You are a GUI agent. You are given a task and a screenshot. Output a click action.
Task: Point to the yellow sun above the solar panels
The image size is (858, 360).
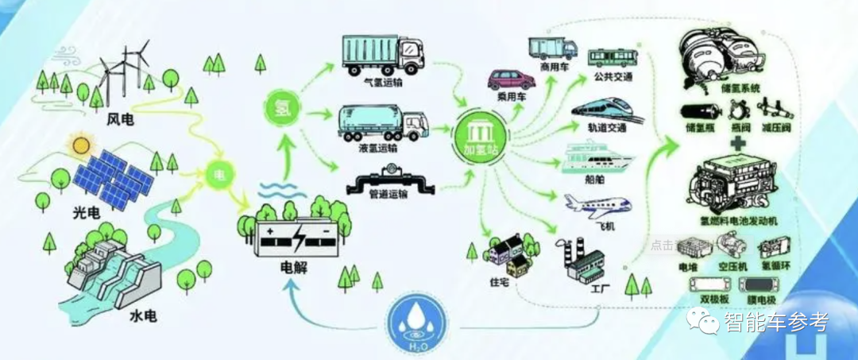pyautogui.click(x=80, y=145)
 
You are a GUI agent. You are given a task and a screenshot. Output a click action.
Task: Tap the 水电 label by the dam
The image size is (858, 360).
pyautogui.click(x=143, y=316)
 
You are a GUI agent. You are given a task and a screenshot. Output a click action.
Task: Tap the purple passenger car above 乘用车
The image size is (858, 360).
pyautogui.click(x=511, y=79)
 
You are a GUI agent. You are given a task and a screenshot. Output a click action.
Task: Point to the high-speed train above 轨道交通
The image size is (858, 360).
pyautogui.click(x=607, y=110)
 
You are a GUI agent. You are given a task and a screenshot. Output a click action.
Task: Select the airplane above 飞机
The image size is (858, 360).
pyautogui.click(x=597, y=208)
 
